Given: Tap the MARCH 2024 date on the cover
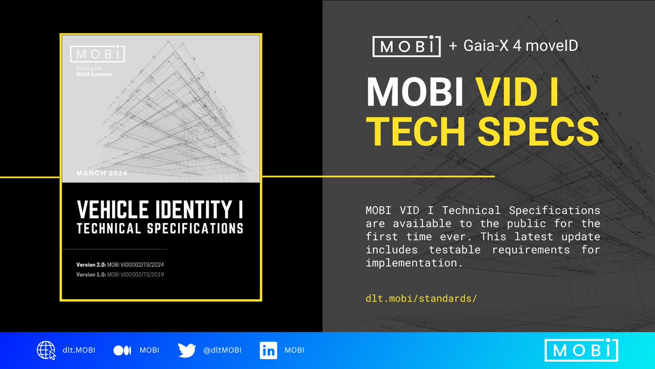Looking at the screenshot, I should pos(103,174).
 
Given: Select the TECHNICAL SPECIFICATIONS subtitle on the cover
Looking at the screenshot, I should pos(160,229).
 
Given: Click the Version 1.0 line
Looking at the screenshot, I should pos(120,274).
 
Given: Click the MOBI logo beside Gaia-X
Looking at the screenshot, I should pos(406,46).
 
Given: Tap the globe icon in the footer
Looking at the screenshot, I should pos(46,350).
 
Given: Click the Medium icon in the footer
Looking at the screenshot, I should pos(121,350).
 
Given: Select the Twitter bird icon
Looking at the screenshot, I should pos(187,350).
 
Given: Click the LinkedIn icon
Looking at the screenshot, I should pos(268,350).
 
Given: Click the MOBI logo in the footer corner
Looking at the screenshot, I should pos(581,350).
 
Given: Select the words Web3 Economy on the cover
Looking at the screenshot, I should pos(94,74).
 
